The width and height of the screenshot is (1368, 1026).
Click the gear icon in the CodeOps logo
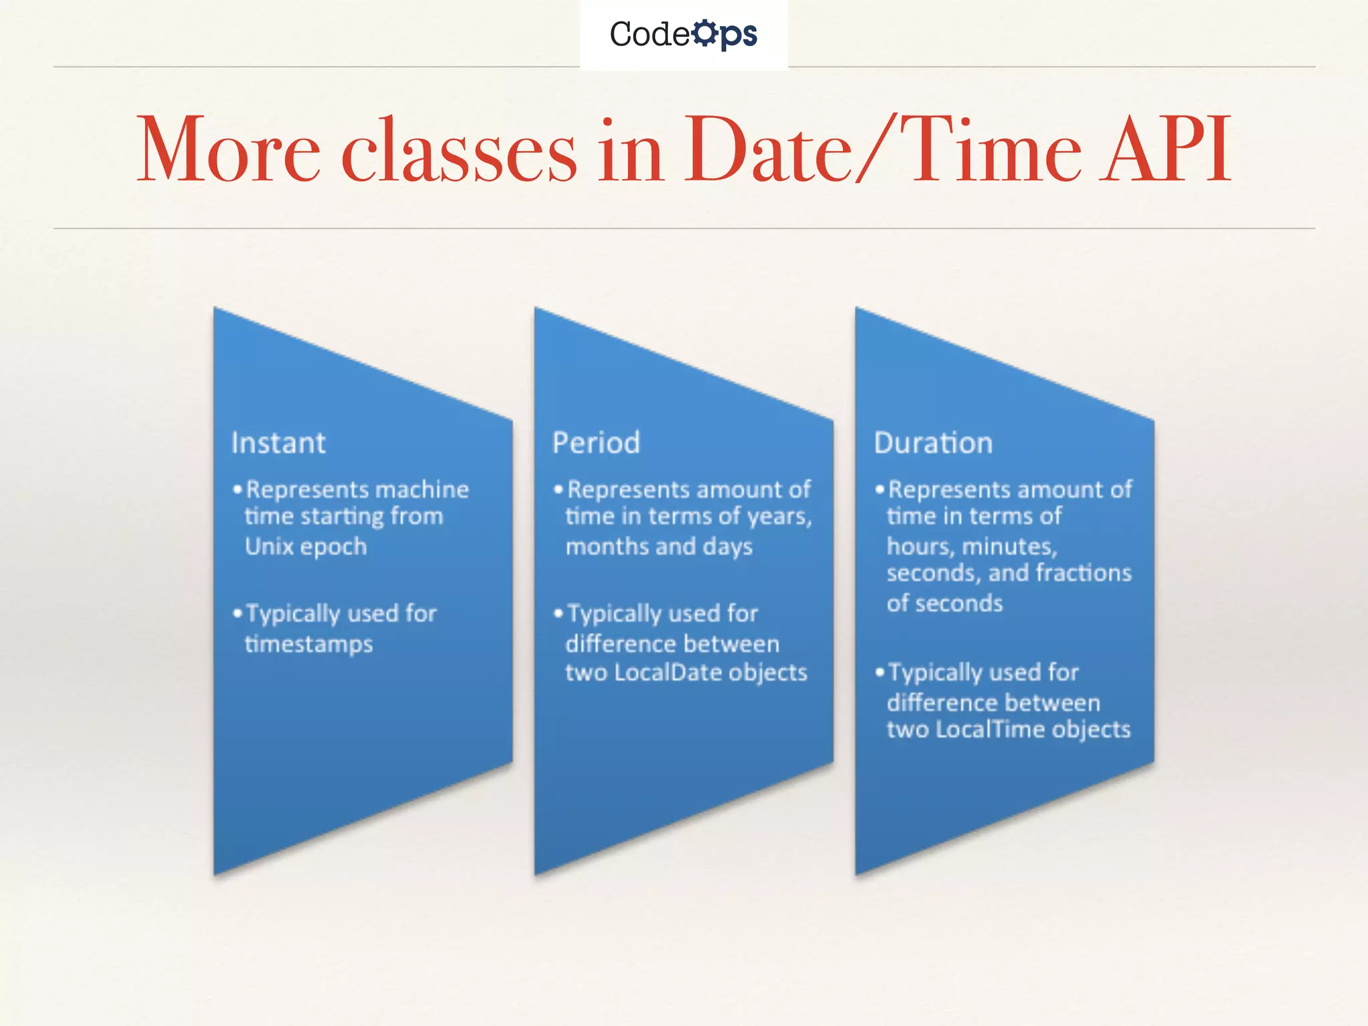pyautogui.click(x=705, y=33)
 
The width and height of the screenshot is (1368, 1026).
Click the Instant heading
pyautogui.click(x=278, y=443)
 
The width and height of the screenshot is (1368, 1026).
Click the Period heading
pyautogui.click(x=596, y=443)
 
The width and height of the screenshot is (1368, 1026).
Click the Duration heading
pyautogui.click(x=933, y=443)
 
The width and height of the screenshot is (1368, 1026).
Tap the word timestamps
pyautogui.click(x=309, y=644)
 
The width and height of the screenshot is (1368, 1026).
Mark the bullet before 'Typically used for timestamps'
pyautogui.click(x=237, y=613)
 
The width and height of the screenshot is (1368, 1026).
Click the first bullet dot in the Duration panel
pyautogui.click(x=880, y=490)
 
